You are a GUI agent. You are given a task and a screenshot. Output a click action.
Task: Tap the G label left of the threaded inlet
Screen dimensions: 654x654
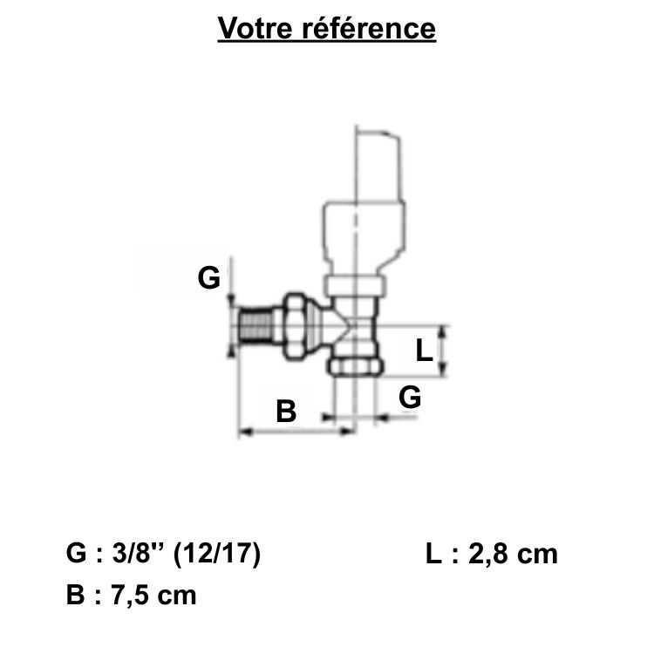(208, 278)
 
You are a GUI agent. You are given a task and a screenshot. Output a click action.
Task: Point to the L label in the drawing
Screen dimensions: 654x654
(423, 351)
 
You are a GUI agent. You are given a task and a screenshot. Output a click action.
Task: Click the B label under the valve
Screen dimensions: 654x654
(286, 410)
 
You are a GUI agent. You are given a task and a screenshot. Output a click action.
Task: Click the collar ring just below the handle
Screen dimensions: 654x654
(353, 286)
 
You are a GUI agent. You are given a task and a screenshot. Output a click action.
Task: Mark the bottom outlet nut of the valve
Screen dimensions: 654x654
(353, 364)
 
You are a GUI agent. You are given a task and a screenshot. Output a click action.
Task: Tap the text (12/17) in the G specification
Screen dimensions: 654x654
(217, 554)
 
